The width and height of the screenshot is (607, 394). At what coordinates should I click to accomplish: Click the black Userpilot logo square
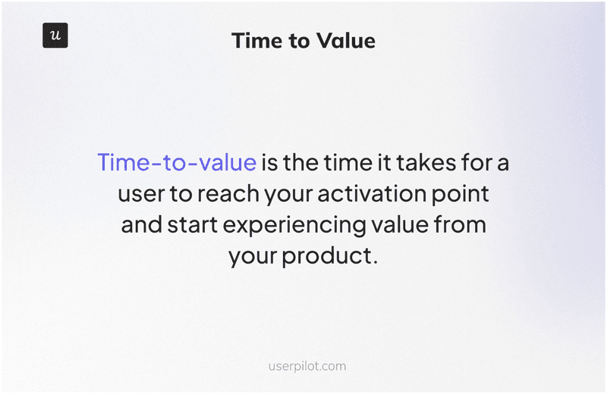[55, 36]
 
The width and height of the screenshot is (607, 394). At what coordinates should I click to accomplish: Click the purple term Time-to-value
[176, 162]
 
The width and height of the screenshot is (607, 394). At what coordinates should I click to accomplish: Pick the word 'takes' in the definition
[425, 162]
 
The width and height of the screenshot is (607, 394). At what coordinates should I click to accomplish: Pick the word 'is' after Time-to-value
[269, 162]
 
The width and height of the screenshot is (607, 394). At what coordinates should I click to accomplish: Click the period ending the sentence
[375, 262]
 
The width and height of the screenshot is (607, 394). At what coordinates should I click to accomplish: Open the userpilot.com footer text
[307, 366]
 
